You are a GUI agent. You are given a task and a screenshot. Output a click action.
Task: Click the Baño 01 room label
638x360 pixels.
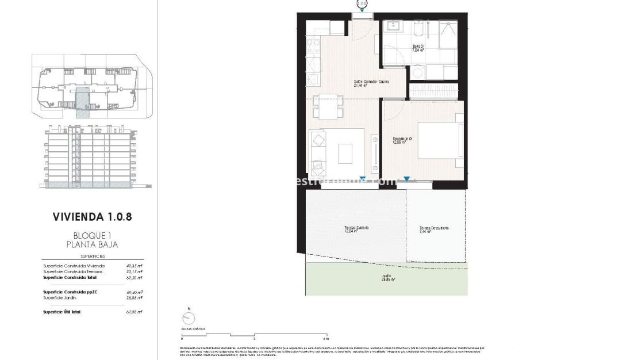click(x=418, y=48)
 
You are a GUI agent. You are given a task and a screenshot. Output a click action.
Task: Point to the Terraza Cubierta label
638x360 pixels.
click(x=356, y=229)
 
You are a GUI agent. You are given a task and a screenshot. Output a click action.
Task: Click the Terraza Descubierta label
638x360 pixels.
click(x=434, y=229)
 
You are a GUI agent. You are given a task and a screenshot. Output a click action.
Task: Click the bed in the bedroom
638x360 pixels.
click(x=440, y=140)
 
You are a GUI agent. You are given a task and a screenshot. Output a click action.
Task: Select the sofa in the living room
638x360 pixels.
click(x=318, y=152)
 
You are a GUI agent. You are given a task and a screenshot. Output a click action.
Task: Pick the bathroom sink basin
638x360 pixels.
click(x=394, y=26)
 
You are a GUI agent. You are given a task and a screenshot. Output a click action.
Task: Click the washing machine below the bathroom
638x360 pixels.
click(x=418, y=72)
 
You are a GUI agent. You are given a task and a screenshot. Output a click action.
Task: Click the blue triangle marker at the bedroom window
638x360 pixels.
click(x=407, y=179)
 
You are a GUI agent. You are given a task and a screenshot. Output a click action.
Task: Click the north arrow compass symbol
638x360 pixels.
click(x=187, y=318)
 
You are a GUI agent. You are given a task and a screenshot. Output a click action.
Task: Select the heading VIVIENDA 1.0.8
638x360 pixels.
click(x=87, y=217)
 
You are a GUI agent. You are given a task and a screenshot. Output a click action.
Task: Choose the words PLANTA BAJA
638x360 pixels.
click(x=88, y=245)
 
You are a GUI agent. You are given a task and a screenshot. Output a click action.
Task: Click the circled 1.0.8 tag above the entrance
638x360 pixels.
click(x=362, y=3)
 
